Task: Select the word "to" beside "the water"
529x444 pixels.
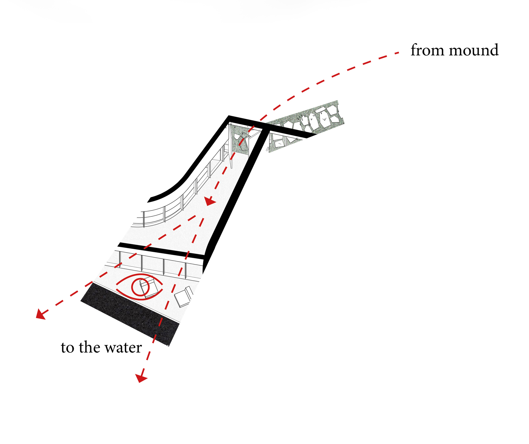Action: [x=67, y=348]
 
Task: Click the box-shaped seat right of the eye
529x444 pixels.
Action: [x=183, y=297]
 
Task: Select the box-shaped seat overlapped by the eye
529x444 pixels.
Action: [x=149, y=287]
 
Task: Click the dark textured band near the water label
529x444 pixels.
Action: [x=130, y=315]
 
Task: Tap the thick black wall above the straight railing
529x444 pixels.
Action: [x=161, y=250]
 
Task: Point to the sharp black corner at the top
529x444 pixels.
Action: [x=229, y=117]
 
